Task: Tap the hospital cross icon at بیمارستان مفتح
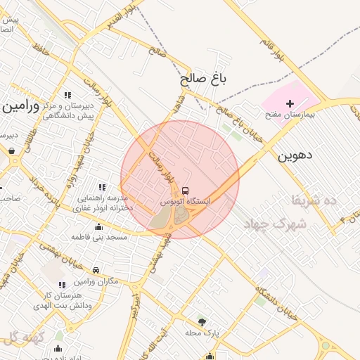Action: [x=290, y=103]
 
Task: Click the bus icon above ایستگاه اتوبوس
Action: [x=186, y=191]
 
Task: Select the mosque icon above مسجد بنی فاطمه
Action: [x=98, y=226]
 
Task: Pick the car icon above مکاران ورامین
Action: [x=96, y=269]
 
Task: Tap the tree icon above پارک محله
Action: [x=202, y=321]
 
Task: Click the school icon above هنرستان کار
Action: [x=62, y=284]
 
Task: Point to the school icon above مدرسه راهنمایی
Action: [x=102, y=187]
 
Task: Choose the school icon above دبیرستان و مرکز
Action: [x=67, y=95]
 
